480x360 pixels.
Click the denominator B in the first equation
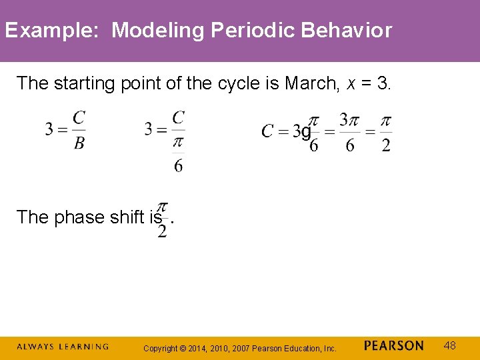point(79,143)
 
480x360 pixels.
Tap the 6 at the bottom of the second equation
point(178,165)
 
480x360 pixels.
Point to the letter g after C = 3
point(305,132)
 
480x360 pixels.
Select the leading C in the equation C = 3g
point(267,131)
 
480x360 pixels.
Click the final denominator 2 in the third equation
point(385,145)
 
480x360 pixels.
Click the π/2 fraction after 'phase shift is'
point(162,219)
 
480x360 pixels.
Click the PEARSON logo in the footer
point(393,346)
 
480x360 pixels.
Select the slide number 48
point(450,345)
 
